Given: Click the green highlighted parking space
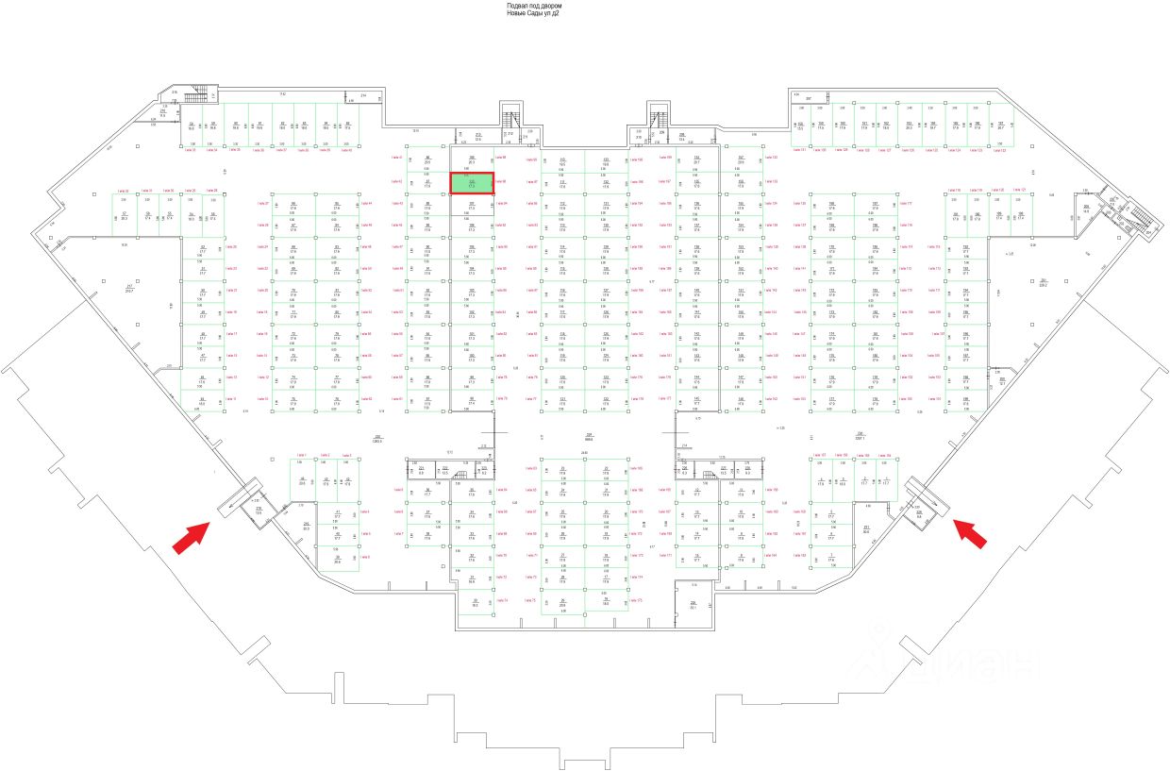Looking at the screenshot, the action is [472, 183].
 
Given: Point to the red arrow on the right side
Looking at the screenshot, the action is [971, 532].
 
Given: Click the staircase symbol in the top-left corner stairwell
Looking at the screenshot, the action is [202, 94].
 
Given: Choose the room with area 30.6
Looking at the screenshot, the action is [866, 529].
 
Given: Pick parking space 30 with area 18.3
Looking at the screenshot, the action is [476, 603].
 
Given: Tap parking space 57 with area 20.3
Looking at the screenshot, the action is [124, 216].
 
